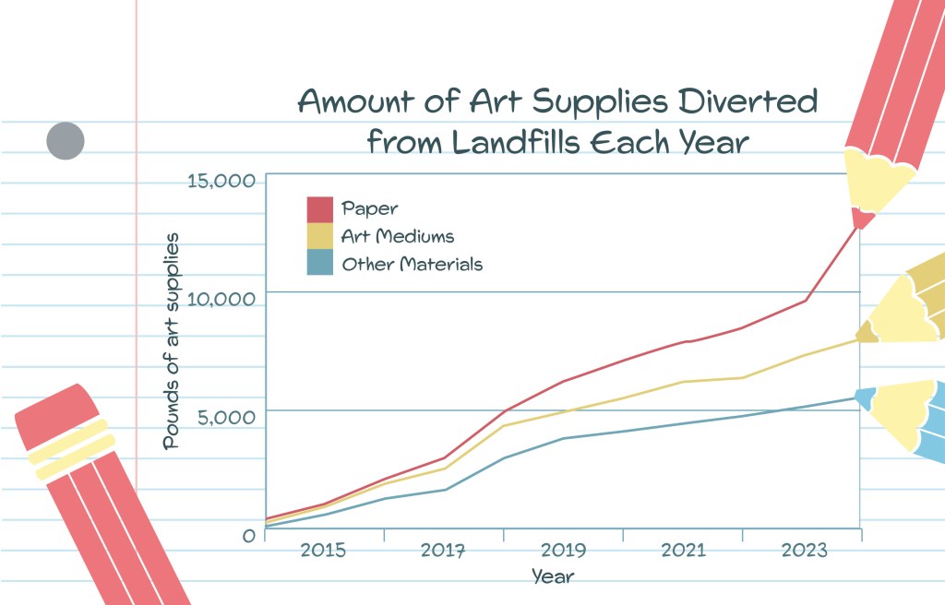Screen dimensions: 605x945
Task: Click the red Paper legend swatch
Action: [x=319, y=209]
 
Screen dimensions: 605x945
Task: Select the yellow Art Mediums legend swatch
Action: [x=319, y=237]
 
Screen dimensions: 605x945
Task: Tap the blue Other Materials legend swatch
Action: [x=319, y=264]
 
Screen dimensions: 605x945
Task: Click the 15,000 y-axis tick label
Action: [x=221, y=181]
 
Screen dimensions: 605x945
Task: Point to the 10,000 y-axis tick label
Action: [x=221, y=299]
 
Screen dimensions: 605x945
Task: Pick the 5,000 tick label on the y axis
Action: [x=227, y=417]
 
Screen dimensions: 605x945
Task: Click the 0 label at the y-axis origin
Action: [x=247, y=535]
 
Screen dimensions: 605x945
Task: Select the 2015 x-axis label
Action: [x=323, y=552]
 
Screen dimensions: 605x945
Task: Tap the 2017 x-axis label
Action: [x=443, y=552]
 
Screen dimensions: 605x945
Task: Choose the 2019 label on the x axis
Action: [x=563, y=552]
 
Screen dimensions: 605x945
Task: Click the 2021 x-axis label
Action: [x=683, y=552]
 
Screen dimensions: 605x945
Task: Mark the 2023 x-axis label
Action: [x=804, y=552]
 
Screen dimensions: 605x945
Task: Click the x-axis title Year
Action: [x=553, y=577]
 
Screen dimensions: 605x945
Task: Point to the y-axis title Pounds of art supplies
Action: [x=172, y=341]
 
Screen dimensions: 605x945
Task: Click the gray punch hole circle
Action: [x=66, y=141]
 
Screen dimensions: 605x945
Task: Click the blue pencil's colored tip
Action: [x=865, y=398]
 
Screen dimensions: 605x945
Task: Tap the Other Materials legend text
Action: [x=412, y=265]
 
